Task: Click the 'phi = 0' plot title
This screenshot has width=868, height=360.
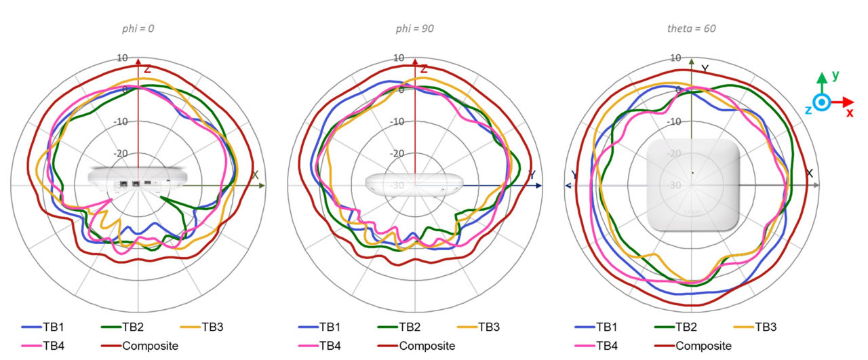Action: pyautogui.click(x=138, y=28)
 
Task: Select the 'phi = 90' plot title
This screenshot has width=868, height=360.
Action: pyautogui.click(x=415, y=28)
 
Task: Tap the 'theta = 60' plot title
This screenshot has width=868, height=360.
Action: pyautogui.click(x=691, y=28)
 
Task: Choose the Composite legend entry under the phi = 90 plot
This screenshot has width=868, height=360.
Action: pyautogui.click(x=423, y=346)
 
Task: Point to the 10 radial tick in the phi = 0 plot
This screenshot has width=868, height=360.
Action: pyautogui.click(x=122, y=58)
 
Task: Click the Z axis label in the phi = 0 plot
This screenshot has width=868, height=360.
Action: pyautogui.click(x=147, y=69)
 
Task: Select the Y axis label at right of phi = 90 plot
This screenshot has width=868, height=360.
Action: pyautogui.click(x=532, y=176)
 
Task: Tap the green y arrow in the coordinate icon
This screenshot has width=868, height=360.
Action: pyautogui.click(x=822, y=81)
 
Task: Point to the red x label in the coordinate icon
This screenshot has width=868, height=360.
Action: pyautogui.click(x=849, y=113)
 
